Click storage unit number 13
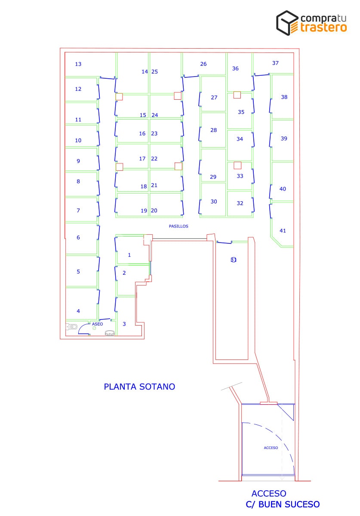coord(78,64)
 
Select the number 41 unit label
coord(283,230)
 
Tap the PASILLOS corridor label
coord(178,226)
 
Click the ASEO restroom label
coord(97,324)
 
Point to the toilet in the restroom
coord(72,327)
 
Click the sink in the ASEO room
coord(110,333)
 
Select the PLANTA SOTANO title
coord(139,387)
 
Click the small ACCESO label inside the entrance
coord(271,448)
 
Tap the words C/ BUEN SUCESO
coord(283,504)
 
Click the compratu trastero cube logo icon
coord(287,23)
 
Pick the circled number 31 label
coord(234,260)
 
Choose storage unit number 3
coord(124,324)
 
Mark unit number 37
coord(275,63)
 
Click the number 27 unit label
coord(214,98)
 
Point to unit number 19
coord(144,211)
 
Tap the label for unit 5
coord(78,272)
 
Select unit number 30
coord(214,202)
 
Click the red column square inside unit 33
coord(237,165)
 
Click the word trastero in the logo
coord(323,27)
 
